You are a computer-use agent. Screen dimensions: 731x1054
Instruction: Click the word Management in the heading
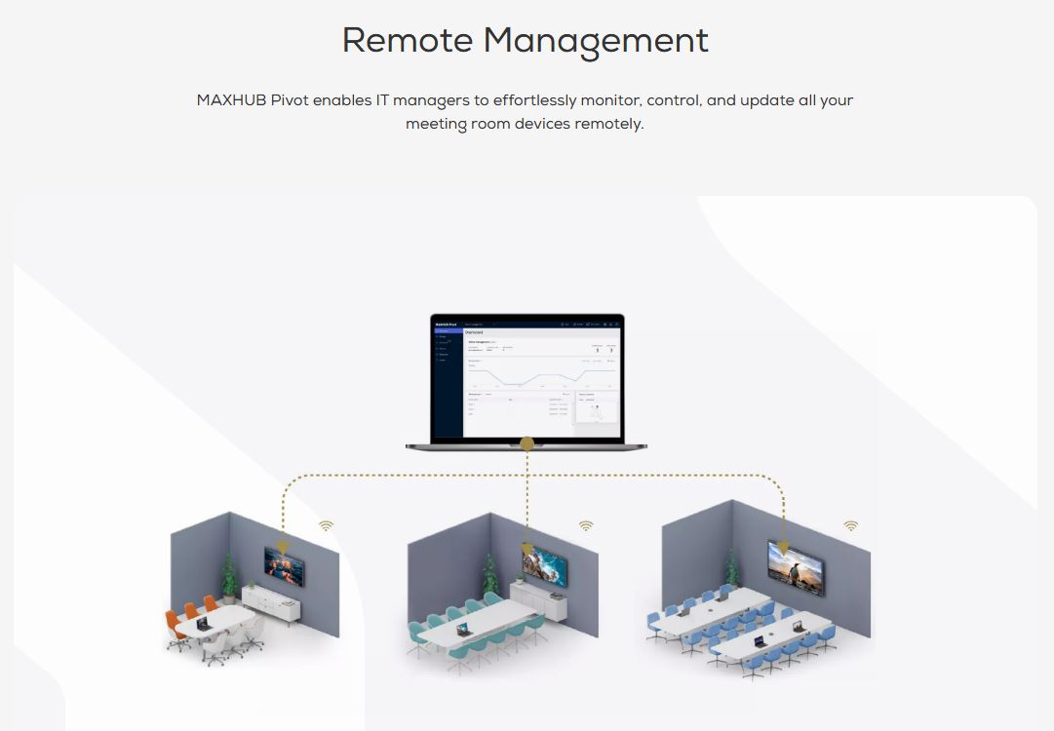[x=596, y=41]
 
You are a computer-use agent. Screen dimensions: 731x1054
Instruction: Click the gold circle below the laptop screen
[x=527, y=444]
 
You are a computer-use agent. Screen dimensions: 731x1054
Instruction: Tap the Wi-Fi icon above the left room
[x=326, y=526]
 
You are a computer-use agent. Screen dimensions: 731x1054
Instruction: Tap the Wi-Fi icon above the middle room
[x=586, y=526]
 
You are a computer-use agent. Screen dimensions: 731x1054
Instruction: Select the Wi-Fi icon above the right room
[x=851, y=526]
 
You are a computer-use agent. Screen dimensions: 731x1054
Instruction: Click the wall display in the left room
[x=284, y=566]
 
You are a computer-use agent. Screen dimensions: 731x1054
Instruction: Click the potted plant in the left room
[x=229, y=577]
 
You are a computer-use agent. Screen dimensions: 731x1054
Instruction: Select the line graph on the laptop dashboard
[x=541, y=377]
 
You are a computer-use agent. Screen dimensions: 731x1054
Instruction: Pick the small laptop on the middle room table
[x=461, y=630]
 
